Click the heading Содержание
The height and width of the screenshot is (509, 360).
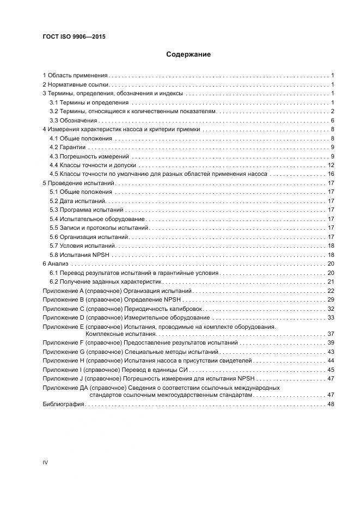(x=188, y=54)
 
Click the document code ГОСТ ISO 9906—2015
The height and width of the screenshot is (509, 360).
(x=74, y=37)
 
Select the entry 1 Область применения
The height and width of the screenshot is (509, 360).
(x=75, y=75)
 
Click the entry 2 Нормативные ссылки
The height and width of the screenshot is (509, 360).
(x=76, y=84)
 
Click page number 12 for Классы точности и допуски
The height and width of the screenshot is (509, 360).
(x=331, y=165)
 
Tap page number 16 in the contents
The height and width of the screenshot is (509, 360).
(x=331, y=174)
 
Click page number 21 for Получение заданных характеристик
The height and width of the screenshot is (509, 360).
(x=331, y=281)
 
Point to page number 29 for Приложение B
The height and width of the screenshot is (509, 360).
(x=331, y=299)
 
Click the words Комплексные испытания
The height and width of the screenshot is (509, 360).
(x=120, y=333)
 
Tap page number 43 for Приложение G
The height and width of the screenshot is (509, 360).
(x=331, y=352)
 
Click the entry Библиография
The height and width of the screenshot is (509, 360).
(x=63, y=404)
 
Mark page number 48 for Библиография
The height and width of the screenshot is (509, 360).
(x=331, y=404)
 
